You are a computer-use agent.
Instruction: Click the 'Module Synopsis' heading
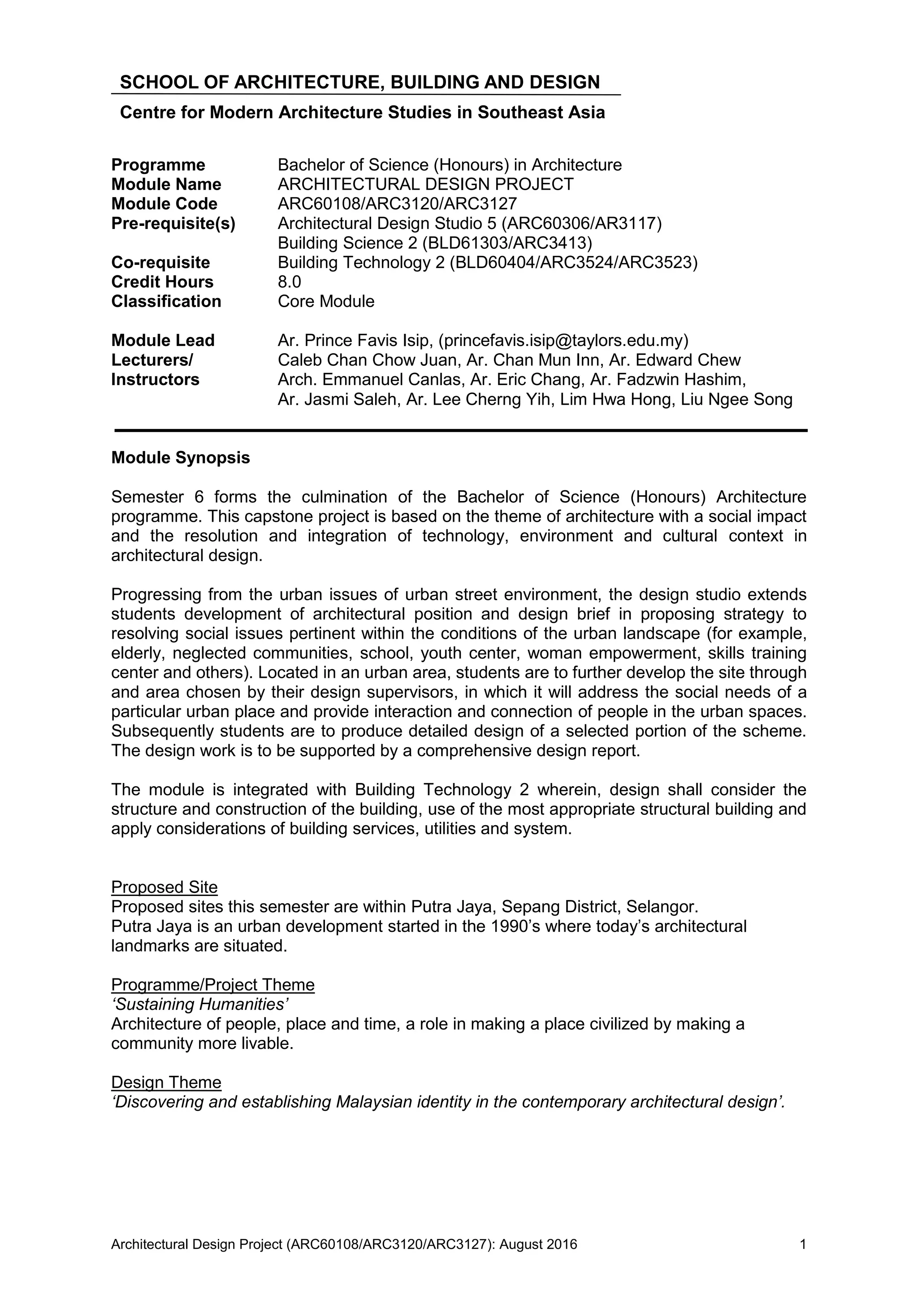point(181,457)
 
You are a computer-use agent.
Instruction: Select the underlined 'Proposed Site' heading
point(164,887)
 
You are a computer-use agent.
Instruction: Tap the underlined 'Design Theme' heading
point(166,1082)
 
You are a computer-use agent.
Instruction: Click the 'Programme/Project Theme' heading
point(212,985)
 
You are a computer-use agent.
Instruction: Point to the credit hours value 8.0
point(290,282)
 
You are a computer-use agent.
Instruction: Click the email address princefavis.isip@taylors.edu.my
point(563,341)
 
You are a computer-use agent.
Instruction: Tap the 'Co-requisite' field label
point(160,263)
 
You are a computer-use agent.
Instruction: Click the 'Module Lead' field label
point(163,341)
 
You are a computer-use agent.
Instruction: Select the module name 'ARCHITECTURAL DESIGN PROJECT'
point(425,184)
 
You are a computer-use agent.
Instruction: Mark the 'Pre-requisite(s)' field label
point(173,224)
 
